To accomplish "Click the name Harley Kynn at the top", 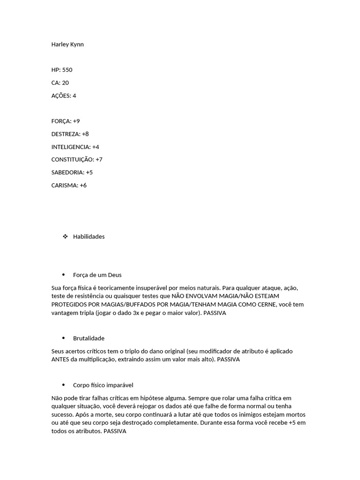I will [67, 45].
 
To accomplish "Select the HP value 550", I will [67, 70].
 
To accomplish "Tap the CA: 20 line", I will [60, 83].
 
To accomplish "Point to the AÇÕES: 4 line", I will [64, 96].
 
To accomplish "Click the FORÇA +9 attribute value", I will [76, 121].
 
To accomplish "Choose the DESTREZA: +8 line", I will [70, 134].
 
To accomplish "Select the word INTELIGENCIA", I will [71, 147].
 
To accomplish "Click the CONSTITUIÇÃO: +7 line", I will [77, 159].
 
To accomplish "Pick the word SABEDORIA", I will [67, 172].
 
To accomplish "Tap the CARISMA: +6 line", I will [69, 185].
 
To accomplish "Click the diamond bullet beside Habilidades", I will [65, 237].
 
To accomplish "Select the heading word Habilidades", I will [89, 237].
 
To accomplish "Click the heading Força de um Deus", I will [97, 275].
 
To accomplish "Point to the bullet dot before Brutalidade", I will [63, 338].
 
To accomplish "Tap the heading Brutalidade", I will [89, 338].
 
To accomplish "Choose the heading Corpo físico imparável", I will [103, 385].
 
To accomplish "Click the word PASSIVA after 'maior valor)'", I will [215, 313].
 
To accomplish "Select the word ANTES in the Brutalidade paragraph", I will [60, 360].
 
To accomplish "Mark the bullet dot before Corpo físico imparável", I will [63, 385].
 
